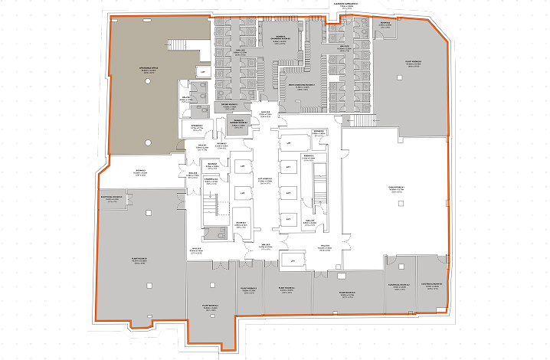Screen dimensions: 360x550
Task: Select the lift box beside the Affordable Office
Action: pyautogui.click(x=203, y=72)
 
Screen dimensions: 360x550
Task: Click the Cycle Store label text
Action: pyautogui.click(x=397, y=189)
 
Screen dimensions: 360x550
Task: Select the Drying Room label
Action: pyautogui.click(x=232, y=105)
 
